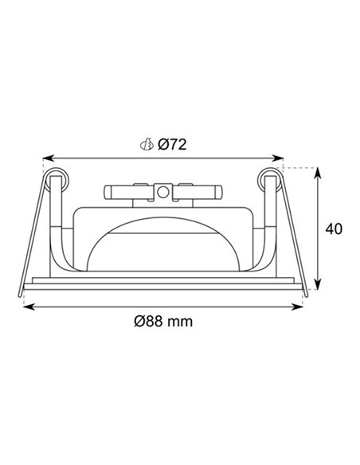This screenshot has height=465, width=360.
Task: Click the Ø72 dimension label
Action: pos(172,144)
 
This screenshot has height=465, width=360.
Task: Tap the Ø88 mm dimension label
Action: pos(163,321)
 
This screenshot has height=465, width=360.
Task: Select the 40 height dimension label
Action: pos(334,229)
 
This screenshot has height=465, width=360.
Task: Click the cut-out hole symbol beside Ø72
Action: pos(147,144)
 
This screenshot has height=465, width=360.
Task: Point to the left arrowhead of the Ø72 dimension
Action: pos(49,158)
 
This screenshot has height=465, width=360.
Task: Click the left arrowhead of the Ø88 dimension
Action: pos(29,307)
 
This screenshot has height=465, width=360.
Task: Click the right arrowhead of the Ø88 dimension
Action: pos(296,307)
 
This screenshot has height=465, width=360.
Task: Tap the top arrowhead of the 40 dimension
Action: pos(318,174)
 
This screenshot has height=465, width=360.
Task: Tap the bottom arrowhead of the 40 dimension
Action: pos(318,283)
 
